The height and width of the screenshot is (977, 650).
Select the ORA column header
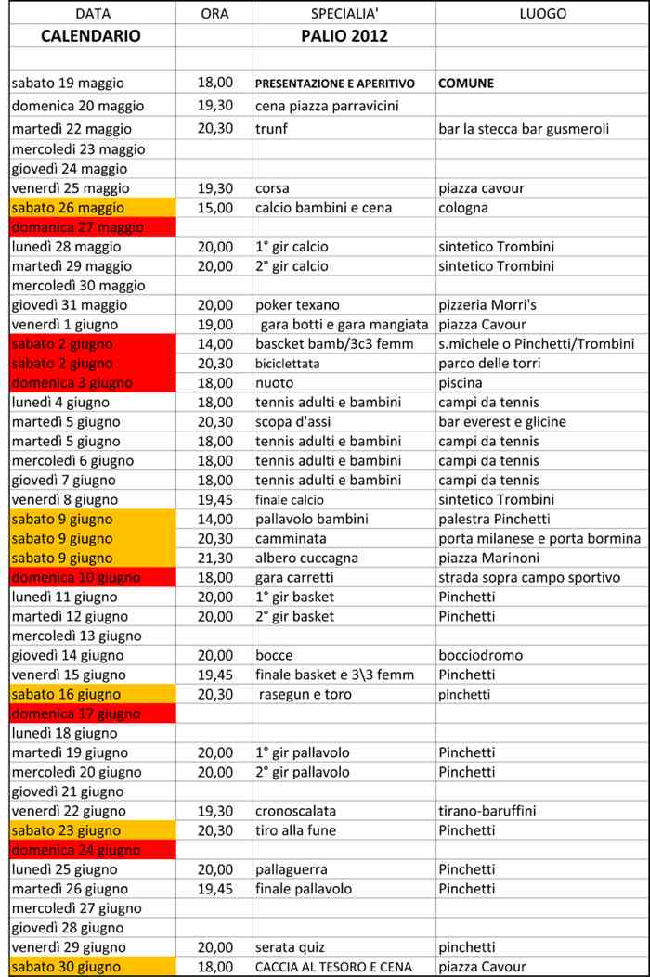(214, 14)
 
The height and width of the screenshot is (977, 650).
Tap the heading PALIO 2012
(344, 36)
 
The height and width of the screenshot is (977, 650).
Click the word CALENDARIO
(91, 36)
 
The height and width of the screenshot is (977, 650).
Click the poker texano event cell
(297, 305)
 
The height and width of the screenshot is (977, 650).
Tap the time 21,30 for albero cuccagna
(215, 559)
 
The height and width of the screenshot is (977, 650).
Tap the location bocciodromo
(480, 655)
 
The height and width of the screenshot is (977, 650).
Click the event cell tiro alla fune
(295, 830)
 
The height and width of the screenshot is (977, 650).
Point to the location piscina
(461, 383)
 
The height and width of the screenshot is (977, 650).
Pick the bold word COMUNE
(465, 84)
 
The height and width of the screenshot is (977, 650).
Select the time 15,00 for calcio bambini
(215, 208)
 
